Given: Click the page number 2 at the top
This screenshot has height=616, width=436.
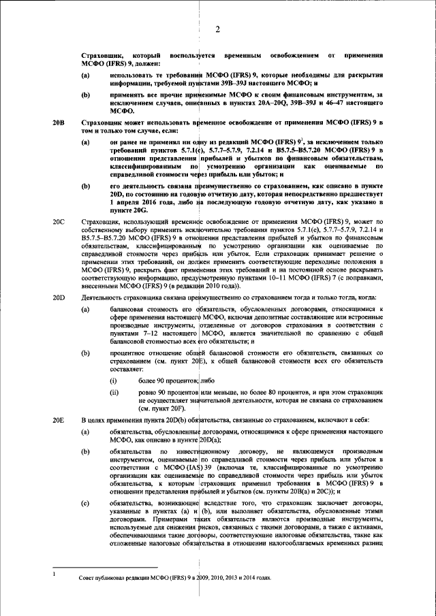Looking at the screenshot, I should coord(218,29).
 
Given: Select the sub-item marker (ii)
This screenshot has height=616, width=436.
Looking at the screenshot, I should coord(114,394).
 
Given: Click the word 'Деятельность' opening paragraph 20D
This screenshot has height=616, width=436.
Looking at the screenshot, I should coord(104,297).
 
